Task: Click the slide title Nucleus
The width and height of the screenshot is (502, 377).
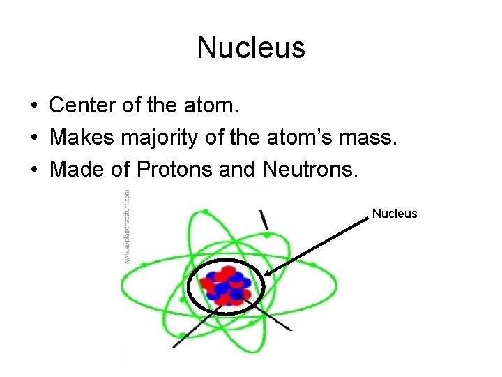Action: (251, 48)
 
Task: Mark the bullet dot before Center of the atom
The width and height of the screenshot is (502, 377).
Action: (33, 107)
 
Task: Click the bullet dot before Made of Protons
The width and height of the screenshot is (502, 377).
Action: (33, 170)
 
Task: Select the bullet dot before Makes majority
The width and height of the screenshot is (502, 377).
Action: (33, 138)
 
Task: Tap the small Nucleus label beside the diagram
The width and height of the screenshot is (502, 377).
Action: (395, 214)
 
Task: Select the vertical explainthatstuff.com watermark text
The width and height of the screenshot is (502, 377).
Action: (127, 226)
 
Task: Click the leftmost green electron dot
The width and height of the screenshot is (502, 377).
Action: (144, 265)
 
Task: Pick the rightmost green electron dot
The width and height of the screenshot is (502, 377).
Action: (313, 265)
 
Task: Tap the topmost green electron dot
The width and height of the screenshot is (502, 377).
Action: (206, 211)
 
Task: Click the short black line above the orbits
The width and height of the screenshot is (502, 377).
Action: (264, 219)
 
